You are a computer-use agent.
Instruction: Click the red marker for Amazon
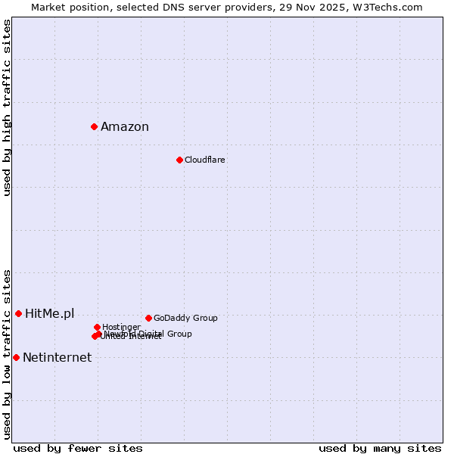pyautogui.click(x=94, y=126)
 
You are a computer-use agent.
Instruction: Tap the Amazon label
pyautogui.click(x=125, y=127)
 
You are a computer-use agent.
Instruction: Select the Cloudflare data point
pyautogui.click(x=179, y=160)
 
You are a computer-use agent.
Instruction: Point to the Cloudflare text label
pyautogui.click(x=205, y=160)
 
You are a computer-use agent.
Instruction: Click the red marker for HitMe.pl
pyautogui.click(x=18, y=313)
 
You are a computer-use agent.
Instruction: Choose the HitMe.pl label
pyautogui.click(x=50, y=314)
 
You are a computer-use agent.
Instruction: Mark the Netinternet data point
pyautogui.click(x=16, y=357)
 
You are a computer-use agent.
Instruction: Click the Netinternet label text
pyautogui.click(x=57, y=358)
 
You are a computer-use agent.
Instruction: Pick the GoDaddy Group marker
pyautogui.click(x=148, y=318)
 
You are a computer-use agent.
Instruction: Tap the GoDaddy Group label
pyautogui.click(x=185, y=319)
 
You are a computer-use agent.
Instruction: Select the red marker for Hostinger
pyautogui.click(x=97, y=327)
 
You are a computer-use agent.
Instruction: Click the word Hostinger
pyautogui.click(x=121, y=328)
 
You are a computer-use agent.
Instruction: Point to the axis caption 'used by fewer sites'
pyautogui.click(x=78, y=448)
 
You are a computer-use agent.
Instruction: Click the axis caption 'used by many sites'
pyautogui.click(x=380, y=448)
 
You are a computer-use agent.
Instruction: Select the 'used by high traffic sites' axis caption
pyautogui.click(x=8, y=107)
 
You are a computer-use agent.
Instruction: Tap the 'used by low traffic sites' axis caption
pyautogui.click(x=8, y=353)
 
